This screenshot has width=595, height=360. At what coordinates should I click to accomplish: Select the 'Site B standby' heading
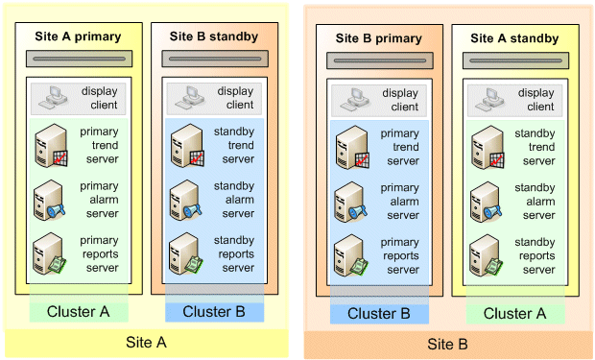click(x=214, y=37)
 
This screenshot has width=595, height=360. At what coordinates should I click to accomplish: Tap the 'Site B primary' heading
click(x=379, y=38)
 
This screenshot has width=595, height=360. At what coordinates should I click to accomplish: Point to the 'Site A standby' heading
click(x=515, y=38)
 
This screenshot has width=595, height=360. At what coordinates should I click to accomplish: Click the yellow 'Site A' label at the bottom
click(x=147, y=342)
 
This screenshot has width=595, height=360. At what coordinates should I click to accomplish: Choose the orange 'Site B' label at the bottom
click(x=447, y=343)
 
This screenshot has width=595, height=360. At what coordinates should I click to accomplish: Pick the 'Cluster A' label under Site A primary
click(x=79, y=311)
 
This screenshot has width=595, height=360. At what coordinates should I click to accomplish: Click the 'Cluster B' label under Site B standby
click(x=214, y=311)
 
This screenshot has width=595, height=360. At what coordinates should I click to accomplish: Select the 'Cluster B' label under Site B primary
click(x=379, y=313)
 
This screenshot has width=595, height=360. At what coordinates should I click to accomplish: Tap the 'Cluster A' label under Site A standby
click(x=515, y=313)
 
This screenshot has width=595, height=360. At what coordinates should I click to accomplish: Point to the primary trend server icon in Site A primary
click(x=50, y=145)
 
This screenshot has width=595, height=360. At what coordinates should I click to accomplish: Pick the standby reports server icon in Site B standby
click(x=184, y=254)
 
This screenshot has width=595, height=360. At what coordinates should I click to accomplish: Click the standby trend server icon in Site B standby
click(x=185, y=145)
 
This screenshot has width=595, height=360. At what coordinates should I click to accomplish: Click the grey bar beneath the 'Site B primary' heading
click(x=379, y=60)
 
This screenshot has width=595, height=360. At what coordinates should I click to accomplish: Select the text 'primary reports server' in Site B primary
click(x=400, y=255)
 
